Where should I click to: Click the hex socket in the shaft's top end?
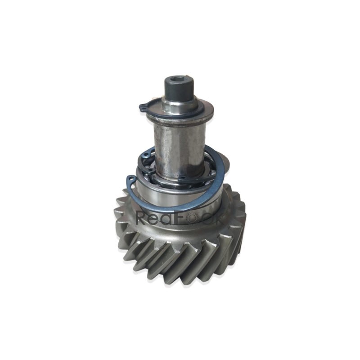click(x=180, y=79)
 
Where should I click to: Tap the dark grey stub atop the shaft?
click(x=179, y=89)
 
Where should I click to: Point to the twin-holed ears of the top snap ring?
click(x=143, y=107)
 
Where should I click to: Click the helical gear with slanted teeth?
click(x=180, y=252)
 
